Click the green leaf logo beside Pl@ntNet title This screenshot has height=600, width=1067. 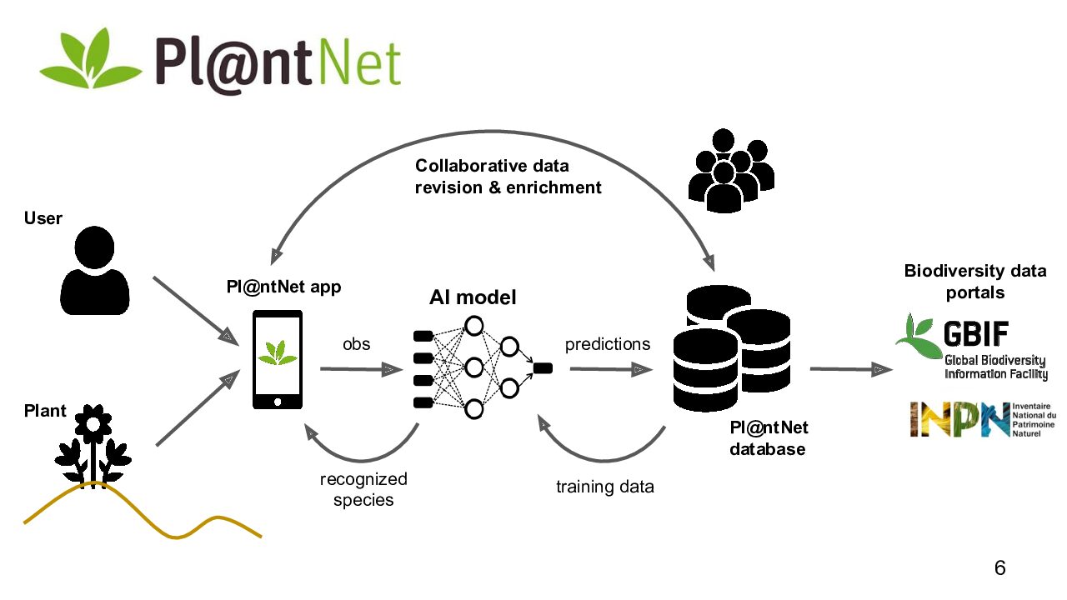(x=90, y=60)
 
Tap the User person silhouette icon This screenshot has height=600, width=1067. (x=96, y=272)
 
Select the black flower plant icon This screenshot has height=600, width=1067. (x=93, y=446)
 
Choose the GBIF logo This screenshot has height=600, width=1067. (x=971, y=347)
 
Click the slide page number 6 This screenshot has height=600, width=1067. (x=999, y=568)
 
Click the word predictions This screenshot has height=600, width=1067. (x=608, y=344)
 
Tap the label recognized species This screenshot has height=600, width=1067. (x=363, y=489)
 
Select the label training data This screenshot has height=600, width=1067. (x=604, y=487)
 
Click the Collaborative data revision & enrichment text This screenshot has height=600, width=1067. (x=508, y=177)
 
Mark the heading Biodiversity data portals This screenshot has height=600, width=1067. (x=974, y=282)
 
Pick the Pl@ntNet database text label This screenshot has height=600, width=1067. (x=769, y=438)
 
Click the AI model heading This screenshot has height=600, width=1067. (x=473, y=297)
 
